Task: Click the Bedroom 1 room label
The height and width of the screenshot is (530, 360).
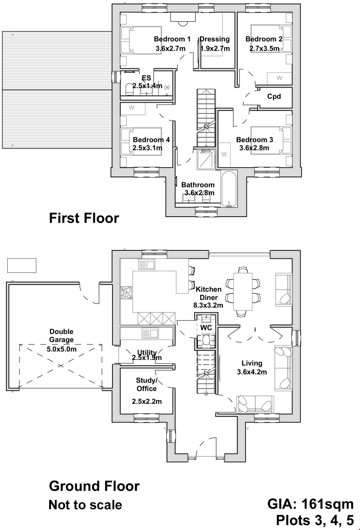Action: pyautogui.click(x=172, y=39)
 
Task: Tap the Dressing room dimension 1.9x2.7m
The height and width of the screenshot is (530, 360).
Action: pyautogui.click(x=215, y=49)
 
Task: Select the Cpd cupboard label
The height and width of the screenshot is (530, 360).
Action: pyautogui.click(x=274, y=96)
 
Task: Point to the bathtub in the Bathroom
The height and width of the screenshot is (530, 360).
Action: pyautogui.click(x=229, y=189)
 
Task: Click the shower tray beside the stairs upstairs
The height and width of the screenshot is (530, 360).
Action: pyautogui.click(x=206, y=159)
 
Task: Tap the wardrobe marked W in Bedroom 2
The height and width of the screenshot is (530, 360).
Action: pyautogui.click(x=279, y=78)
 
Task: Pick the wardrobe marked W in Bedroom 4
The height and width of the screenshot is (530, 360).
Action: pyautogui.click(x=132, y=108)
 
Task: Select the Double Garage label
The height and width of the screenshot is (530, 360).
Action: pyautogui.click(x=62, y=336)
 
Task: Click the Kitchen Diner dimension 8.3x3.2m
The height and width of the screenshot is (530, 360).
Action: pyautogui.click(x=208, y=305)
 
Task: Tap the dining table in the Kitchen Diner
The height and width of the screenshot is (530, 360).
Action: pyautogui.click(x=244, y=292)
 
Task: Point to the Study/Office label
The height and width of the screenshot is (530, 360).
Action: pyautogui.click(x=147, y=384)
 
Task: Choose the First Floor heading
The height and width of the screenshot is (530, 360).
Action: pyautogui.click(x=84, y=218)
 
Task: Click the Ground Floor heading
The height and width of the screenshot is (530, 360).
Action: pyautogui.click(x=94, y=486)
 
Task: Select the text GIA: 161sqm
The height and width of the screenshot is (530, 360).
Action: pyautogui.click(x=310, y=504)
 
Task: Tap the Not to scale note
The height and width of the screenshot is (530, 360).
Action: pyautogui.click(x=85, y=505)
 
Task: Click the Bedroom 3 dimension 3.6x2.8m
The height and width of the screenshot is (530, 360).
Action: pyautogui.click(x=254, y=148)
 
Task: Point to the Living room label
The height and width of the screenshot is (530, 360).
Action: pyautogui.click(x=252, y=363)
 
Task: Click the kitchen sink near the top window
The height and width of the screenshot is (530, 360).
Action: pyautogui.click(x=147, y=264)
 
